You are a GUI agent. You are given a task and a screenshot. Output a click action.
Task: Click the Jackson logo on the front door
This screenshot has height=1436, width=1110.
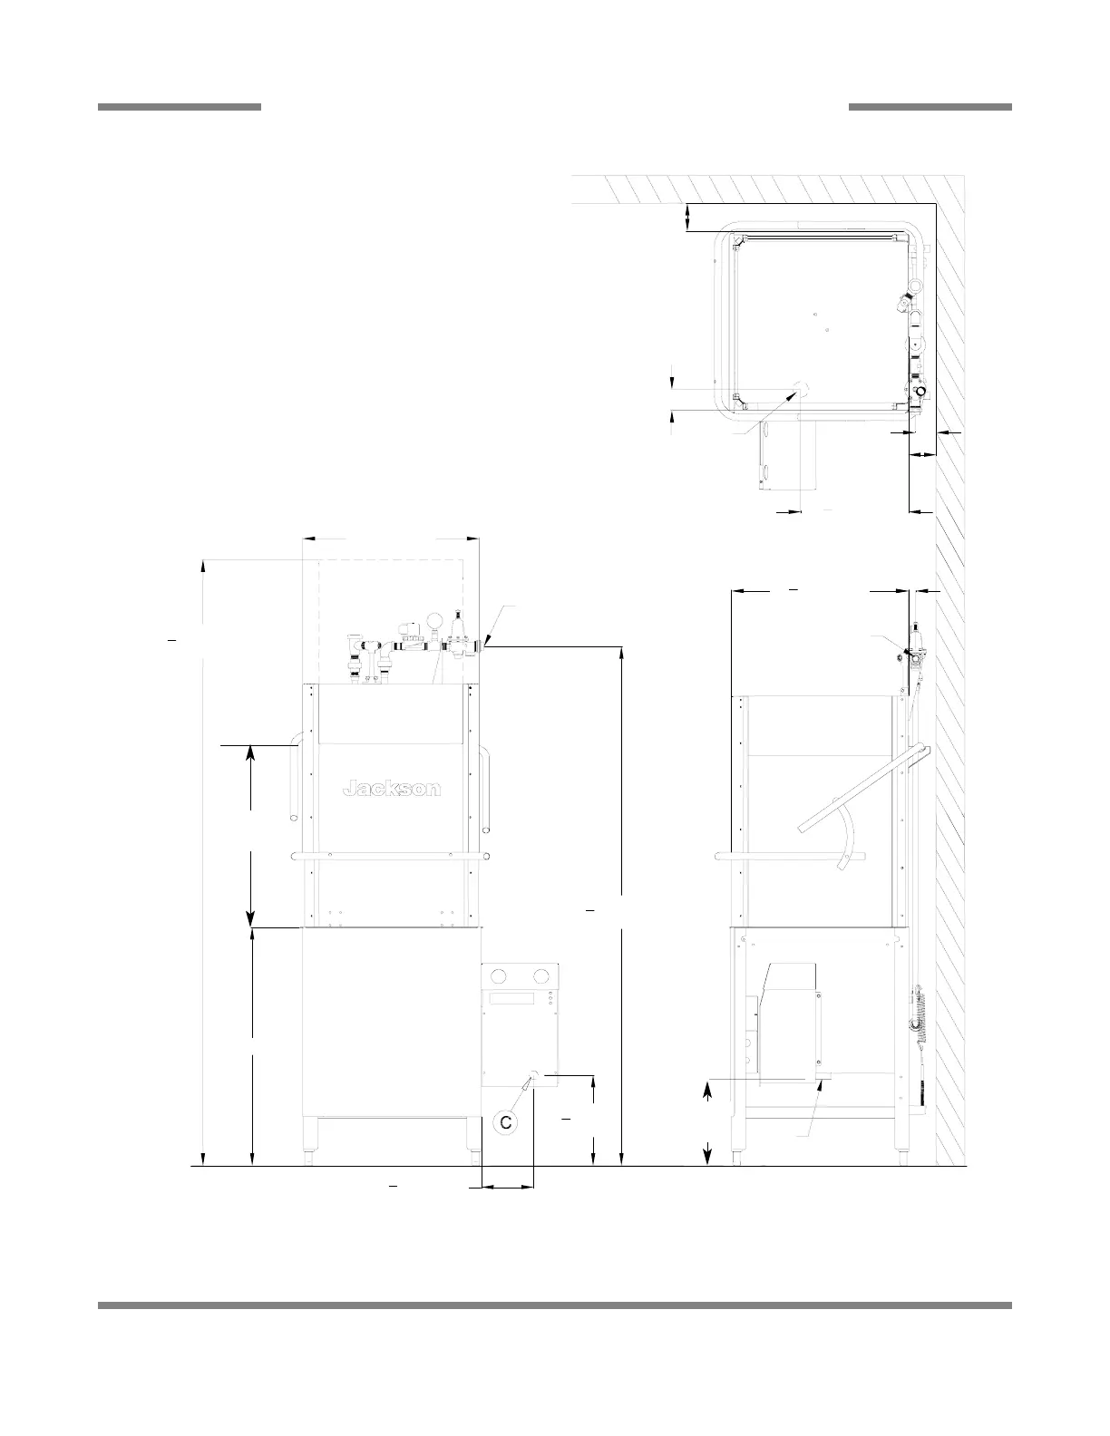[x=392, y=789]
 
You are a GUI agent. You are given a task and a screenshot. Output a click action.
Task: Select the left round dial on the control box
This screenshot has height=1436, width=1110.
[x=499, y=975]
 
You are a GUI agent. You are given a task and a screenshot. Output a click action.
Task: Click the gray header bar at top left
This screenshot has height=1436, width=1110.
[x=180, y=106]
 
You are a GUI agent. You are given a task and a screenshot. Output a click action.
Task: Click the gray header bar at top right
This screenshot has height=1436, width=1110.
[x=930, y=106]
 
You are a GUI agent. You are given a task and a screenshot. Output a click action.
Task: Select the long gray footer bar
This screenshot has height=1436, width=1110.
[x=555, y=1286]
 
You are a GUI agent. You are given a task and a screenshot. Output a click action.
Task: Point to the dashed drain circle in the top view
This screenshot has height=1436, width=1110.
[x=800, y=389]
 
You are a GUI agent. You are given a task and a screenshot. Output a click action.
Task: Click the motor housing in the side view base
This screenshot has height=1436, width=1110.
[x=787, y=1024]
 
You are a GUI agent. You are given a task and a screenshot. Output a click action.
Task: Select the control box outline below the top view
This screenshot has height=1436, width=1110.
[x=788, y=455]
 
